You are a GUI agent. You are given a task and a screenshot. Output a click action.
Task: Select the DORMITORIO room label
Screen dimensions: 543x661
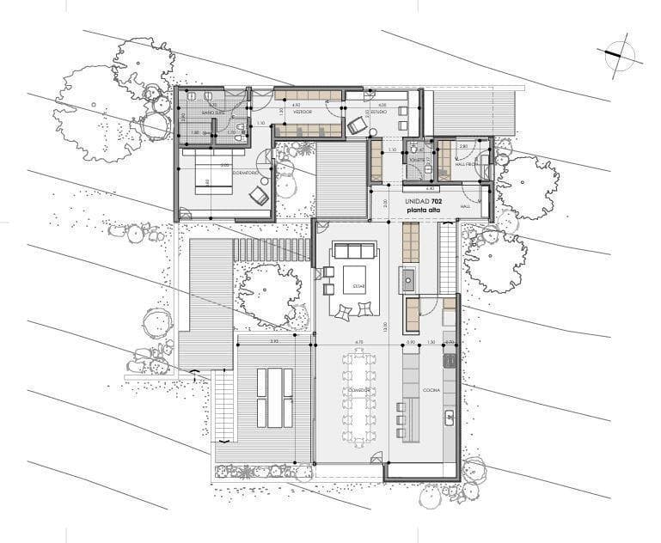click(x=246, y=172)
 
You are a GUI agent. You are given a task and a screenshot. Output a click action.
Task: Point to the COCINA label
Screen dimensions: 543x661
click(x=431, y=390)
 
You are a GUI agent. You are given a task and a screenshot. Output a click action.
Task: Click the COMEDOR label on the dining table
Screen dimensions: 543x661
click(x=359, y=390)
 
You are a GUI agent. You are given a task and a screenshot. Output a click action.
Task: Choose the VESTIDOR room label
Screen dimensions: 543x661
click(x=302, y=112)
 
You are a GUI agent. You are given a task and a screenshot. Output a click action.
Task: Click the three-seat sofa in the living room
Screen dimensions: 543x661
click(x=355, y=251)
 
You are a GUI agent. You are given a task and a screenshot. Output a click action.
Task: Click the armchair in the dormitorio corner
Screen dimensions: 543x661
click(x=258, y=196)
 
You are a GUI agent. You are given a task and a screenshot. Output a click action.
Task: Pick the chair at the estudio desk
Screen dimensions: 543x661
click(x=357, y=126)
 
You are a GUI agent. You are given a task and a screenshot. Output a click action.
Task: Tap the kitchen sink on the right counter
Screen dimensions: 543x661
click(x=449, y=418)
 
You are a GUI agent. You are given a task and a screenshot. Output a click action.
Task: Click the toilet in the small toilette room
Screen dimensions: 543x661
click(x=414, y=148)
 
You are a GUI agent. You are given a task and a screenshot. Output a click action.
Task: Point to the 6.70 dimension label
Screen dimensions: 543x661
click(x=358, y=342)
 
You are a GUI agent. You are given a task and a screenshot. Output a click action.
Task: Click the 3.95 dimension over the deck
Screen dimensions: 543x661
click(x=274, y=342)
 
